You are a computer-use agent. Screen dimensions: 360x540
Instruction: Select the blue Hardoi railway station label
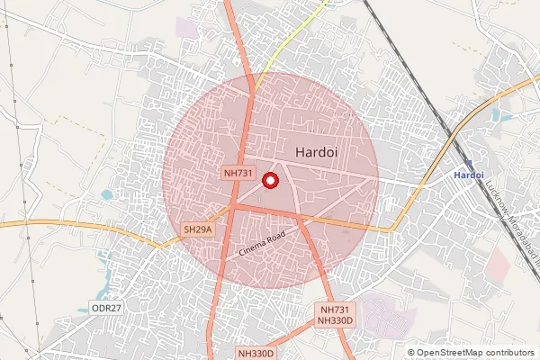(469, 174)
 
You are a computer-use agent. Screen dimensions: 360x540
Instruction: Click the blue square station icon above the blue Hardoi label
(469, 160)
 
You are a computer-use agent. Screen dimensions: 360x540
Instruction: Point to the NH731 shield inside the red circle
(238, 171)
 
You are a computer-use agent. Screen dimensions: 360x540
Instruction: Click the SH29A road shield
(198, 230)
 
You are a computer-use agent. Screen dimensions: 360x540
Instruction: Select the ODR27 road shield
(106, 308)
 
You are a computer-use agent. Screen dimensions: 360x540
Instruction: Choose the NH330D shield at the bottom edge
(256, 354)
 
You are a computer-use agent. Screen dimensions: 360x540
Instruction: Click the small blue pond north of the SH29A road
(108, 194)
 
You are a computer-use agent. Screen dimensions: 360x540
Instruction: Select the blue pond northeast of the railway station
(498, 115)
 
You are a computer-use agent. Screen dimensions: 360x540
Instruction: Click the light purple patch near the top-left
(187, 27)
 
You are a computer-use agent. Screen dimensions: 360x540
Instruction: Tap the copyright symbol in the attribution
(411, 353)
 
